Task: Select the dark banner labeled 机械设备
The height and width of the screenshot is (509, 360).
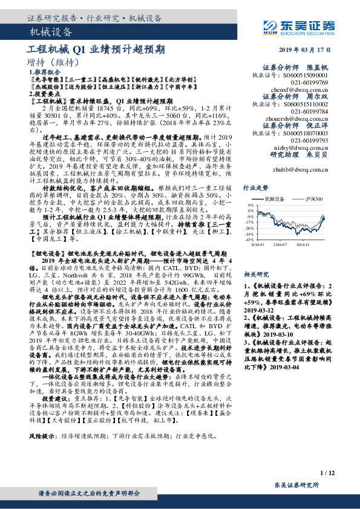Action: (51, 32)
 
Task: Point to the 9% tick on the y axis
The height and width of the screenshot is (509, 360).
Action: (250, 205)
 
